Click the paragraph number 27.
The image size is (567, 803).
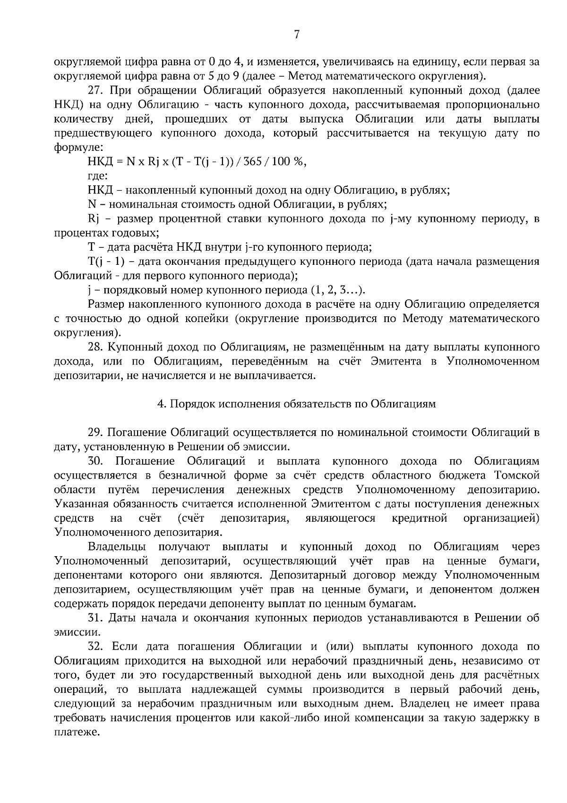point(95,90)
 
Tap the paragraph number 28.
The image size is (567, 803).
point(95,347)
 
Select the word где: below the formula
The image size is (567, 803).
point(98,176)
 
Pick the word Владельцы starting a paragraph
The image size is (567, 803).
point(117,547)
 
